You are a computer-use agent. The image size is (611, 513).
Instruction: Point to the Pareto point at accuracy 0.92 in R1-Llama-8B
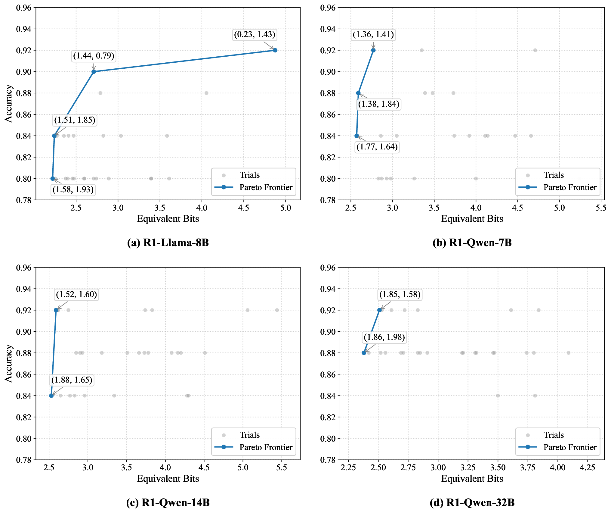(x=275, y=50)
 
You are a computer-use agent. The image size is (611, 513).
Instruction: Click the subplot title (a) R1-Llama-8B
(x=168, y=242)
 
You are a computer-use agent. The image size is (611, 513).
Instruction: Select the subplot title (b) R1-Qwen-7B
(x=472, y=242)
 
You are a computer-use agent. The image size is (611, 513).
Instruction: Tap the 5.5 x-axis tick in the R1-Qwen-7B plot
(x=601, y=208)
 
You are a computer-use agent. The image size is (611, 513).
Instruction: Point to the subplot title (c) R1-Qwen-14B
(x=168, y=502)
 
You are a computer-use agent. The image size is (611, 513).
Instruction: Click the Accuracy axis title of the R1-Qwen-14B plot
(x=9, y=363)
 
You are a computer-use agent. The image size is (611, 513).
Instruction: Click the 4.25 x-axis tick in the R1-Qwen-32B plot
(x=587, y=468)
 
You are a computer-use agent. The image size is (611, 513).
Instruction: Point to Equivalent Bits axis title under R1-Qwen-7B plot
(x=472, y=219)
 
